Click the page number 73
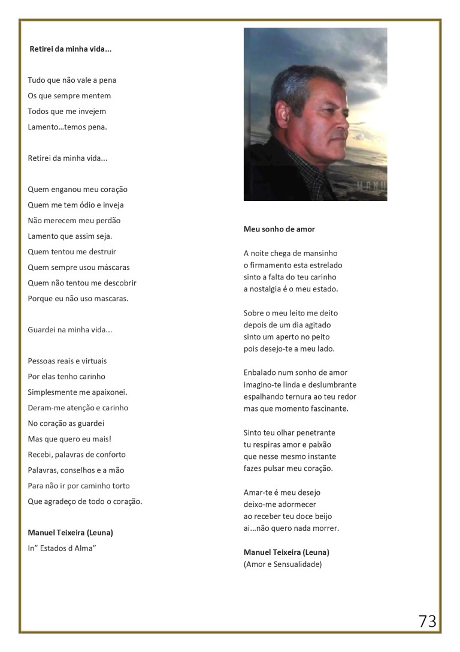[x=428, y=621]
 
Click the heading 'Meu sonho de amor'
[x=279, y=229]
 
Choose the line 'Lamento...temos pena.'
[x=67, y=127]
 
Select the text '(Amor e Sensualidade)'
[x=283, y=564]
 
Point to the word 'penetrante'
[x=316, y=432]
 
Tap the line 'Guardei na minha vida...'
[x=70, y=330]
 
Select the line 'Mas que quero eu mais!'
[x=69, y=439]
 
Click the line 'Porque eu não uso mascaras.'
[x=78, y=299]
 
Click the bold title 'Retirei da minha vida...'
[x=71, y=49]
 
